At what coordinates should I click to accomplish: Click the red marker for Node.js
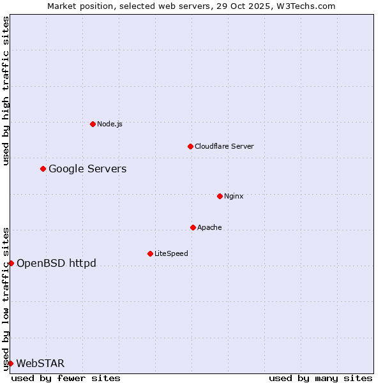tap(93, 124)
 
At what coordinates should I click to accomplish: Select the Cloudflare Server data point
tap(190, 146)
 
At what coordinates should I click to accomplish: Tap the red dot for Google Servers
tap(43, 169)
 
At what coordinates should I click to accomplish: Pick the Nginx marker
tap(220, 196)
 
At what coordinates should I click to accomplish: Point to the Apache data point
tap(193, 227)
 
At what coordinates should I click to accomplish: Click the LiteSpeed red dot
tap(150, 253)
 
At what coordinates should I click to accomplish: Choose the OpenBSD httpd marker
tap(11, 263)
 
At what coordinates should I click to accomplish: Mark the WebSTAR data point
tap(10, 363)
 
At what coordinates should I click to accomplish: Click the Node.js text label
tap(110, 124)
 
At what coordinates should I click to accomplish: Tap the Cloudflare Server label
tap(224, 146)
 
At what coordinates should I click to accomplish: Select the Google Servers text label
tap(87, 169)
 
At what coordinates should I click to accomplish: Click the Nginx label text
tap(234, 196)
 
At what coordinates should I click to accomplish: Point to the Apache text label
tap(209, 227)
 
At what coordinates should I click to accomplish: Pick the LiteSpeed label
tap(171, 253)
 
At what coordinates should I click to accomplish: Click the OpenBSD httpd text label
tap(56, 263)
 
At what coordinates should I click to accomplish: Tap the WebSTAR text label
tap(40, 363)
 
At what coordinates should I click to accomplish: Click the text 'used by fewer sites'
tap(66, 378)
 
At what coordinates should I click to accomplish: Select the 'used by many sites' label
tap(320, 378)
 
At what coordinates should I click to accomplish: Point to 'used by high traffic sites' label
tap(6, 91)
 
